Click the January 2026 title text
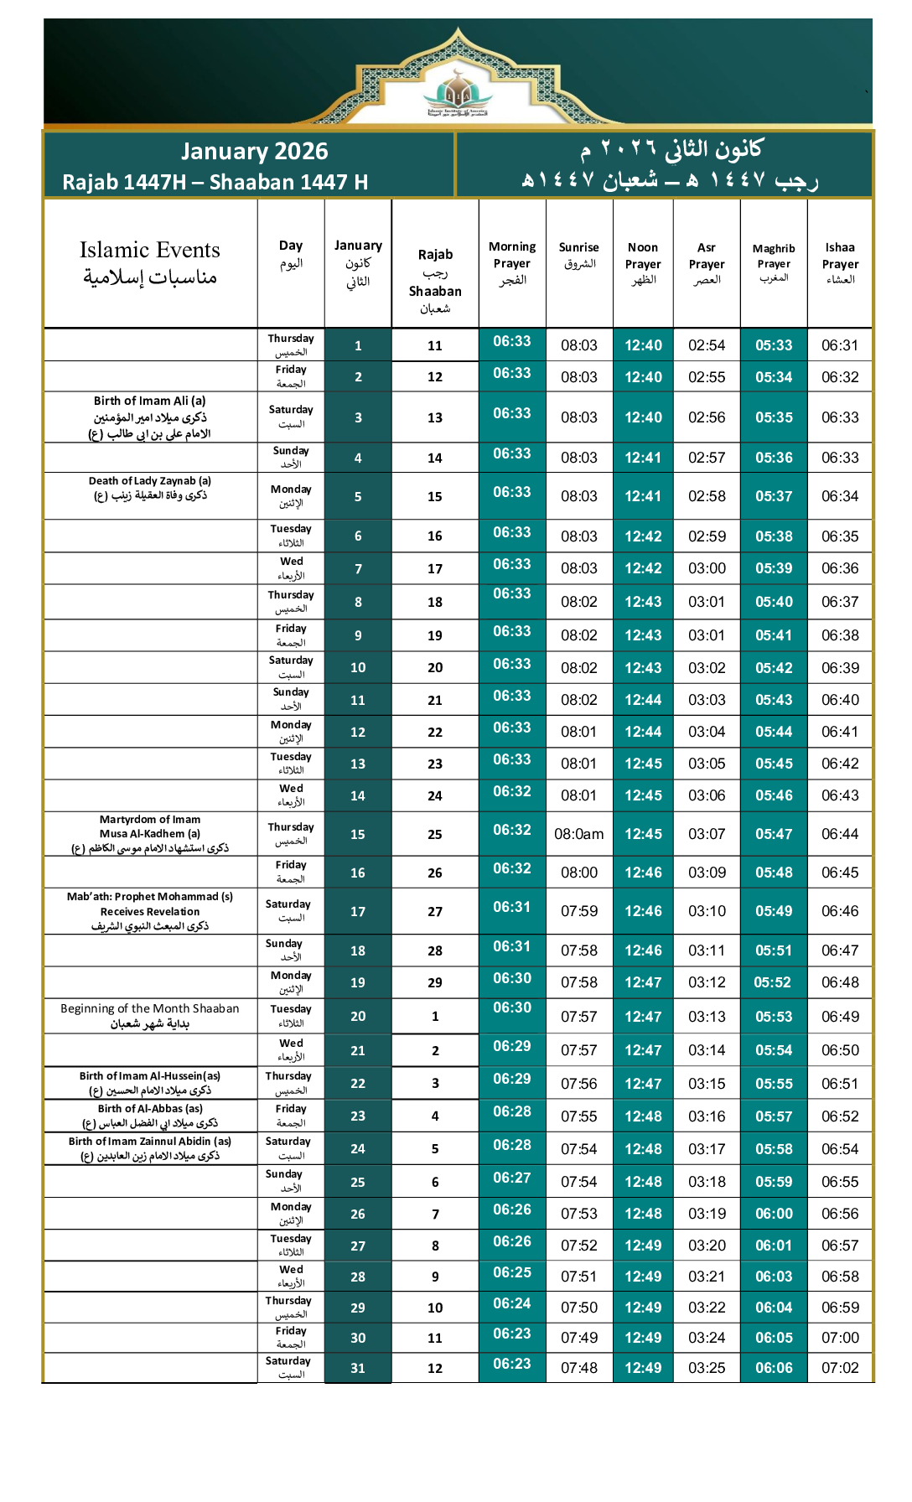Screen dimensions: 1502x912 click(254, 151)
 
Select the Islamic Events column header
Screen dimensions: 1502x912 click(150, 262)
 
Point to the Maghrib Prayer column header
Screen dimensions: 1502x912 click(774, 262)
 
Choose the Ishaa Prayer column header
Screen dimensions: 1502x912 click(840, 262)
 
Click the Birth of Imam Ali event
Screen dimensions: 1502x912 click(149, 417)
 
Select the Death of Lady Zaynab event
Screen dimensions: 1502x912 click(150, 488)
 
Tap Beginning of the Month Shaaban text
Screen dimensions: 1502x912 click(150, 1015)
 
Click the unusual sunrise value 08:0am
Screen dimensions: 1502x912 click(579, 834)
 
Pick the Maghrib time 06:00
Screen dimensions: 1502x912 click(774, 1214)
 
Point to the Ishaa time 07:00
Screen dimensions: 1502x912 click(840, 1338)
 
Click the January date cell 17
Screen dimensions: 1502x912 click(358, 911)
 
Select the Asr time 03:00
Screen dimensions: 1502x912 click(707, 568)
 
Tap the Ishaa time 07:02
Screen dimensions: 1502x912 click(840, 1368)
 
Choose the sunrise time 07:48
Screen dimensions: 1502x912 click(579, 1368)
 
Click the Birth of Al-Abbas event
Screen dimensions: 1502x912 click(150, 1116)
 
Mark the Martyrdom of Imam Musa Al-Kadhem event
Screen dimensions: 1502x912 click(150, 833)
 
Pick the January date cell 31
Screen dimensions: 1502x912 click(358, 1368)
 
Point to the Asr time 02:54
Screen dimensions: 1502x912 click(707, 345)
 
